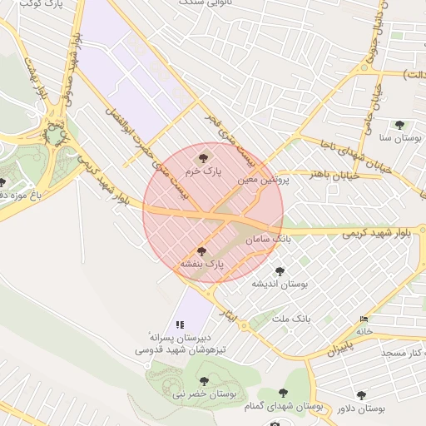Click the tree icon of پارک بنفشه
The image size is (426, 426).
(x=201, y=250)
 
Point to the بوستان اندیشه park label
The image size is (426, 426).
(x=280, y=285)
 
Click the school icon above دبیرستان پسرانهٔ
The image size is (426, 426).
(x=179, y=325)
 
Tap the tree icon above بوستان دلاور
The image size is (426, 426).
(x=360, y=395)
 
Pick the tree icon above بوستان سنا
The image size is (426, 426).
(x=399, y=125)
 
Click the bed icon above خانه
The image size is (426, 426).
(x=363, y=319)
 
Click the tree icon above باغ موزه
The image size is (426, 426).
(x=3, y=182)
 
